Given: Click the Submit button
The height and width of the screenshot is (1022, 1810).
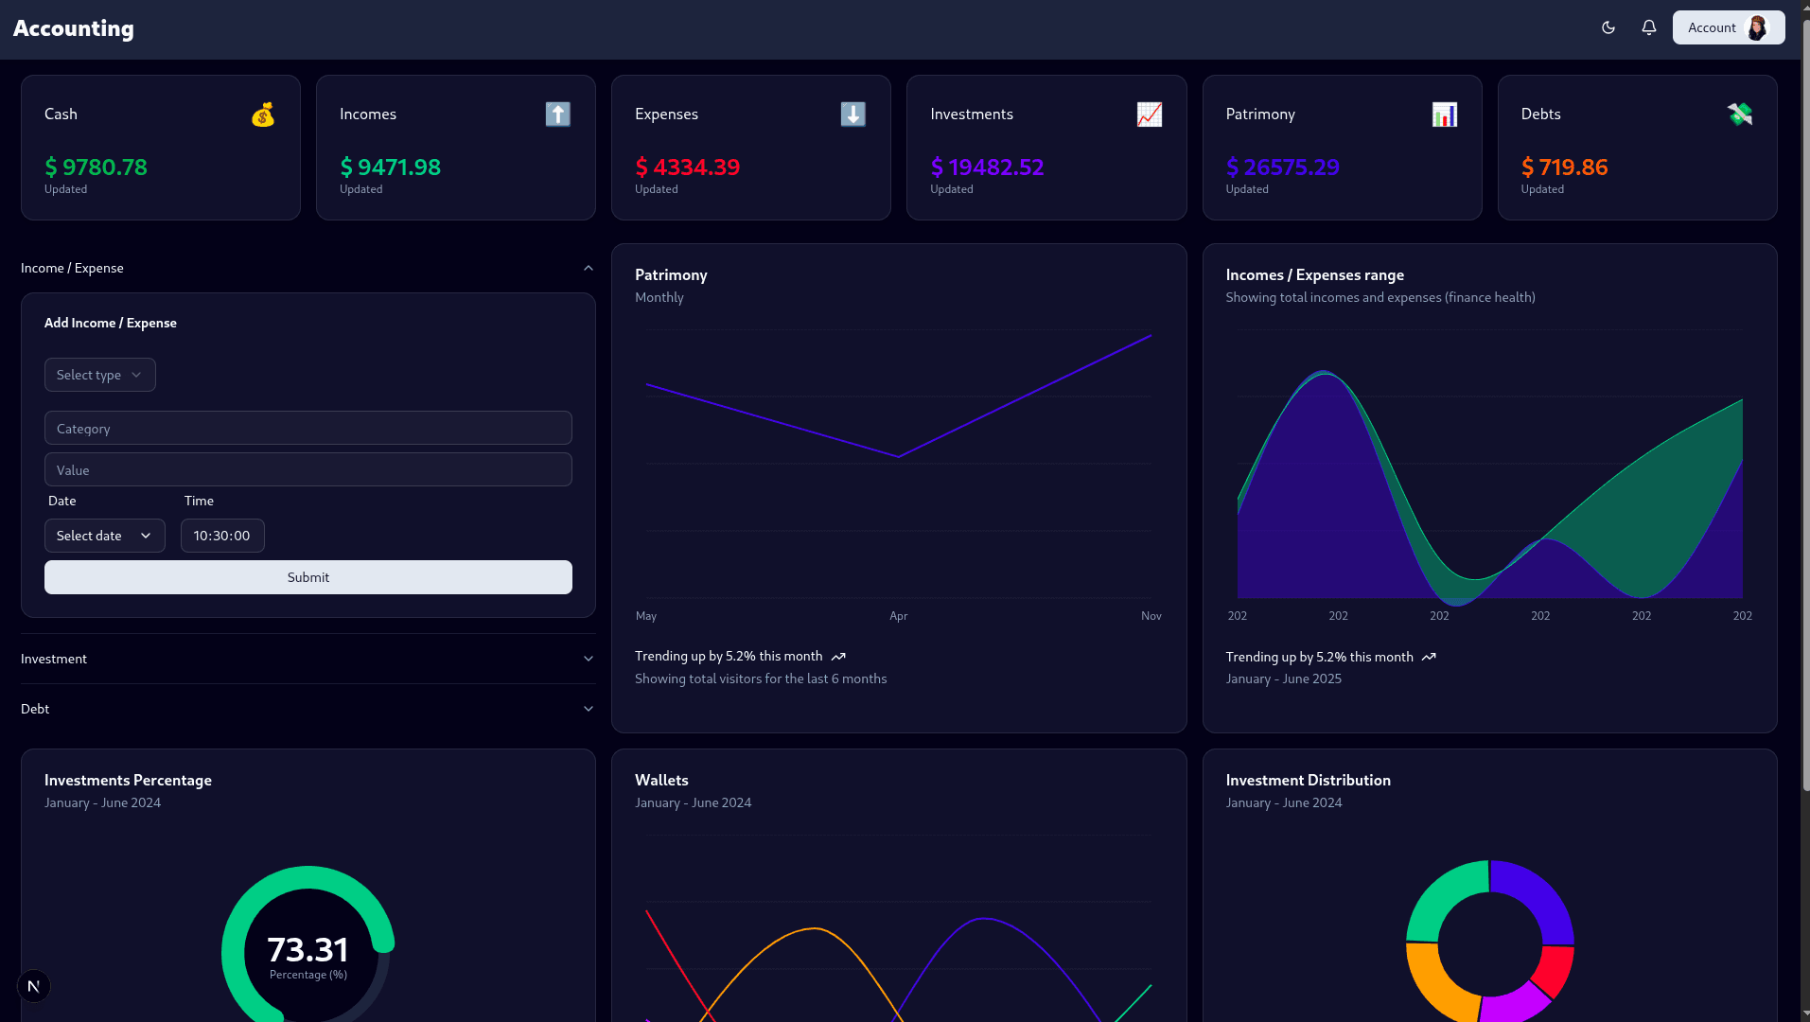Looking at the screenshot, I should (308, 577).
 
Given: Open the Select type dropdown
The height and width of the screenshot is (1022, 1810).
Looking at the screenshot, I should (99, 375).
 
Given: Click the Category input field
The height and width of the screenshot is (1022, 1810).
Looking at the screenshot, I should (308, 428).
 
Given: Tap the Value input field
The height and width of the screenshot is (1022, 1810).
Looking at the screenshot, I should (308, 469).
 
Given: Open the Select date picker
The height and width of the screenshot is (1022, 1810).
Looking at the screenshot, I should (104, 536).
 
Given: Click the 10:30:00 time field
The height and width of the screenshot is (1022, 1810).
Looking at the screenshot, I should (222, 536).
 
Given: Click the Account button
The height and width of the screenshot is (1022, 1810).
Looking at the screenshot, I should (1728, 27).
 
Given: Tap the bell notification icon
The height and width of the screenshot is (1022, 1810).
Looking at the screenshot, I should (1649, 27).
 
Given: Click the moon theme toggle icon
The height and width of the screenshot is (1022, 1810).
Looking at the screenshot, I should (1608, 27).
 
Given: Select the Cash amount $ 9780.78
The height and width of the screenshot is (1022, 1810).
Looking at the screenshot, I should (96, 167).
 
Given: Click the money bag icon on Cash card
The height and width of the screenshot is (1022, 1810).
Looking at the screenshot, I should (263, 115).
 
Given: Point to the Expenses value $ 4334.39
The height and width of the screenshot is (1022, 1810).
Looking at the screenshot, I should (687, 167).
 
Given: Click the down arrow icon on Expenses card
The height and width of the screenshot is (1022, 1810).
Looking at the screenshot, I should (852, 115).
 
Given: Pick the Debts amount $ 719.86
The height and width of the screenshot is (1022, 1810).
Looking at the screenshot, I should (1564, 167).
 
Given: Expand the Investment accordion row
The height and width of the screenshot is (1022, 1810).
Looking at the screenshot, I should (308, 659).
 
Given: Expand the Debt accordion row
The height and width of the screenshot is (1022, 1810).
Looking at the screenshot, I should (308, 709).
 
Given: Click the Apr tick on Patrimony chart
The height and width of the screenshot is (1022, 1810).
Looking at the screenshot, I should (898, 616).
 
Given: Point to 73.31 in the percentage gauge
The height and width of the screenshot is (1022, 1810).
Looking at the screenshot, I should (308, 949).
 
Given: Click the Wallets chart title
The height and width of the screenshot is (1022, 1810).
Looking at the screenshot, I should (661, 780).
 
